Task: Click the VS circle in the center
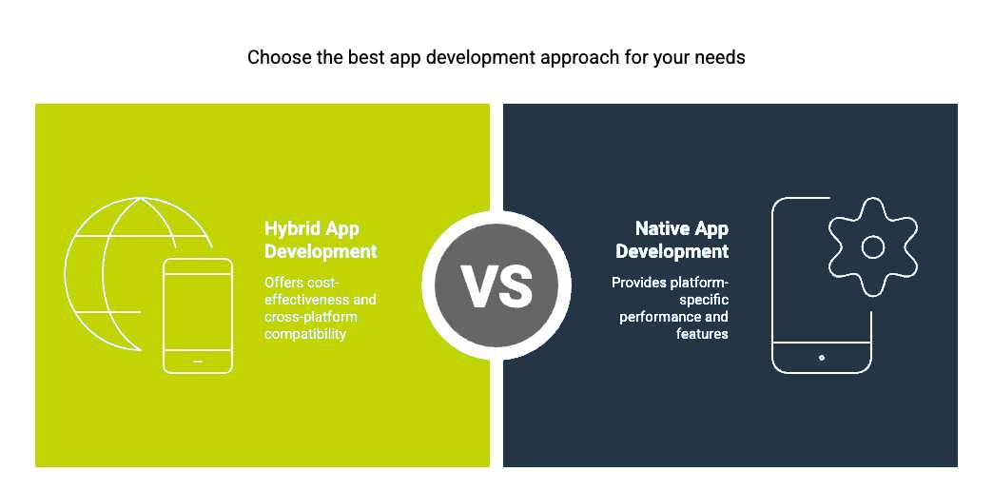pos(496,285)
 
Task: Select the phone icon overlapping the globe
pos(198,316)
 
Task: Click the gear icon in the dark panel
pos(872,246)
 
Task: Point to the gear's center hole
pos(872,247)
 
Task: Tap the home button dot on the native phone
pos(822,358)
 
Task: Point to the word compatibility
pos(305,334)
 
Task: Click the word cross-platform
pos(310,317)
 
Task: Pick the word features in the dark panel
pos(702,334)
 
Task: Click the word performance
pos(658,317)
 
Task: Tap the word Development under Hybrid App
pos(321,251)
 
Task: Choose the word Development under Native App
pos(672,251)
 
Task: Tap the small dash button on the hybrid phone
pos(198,362)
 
